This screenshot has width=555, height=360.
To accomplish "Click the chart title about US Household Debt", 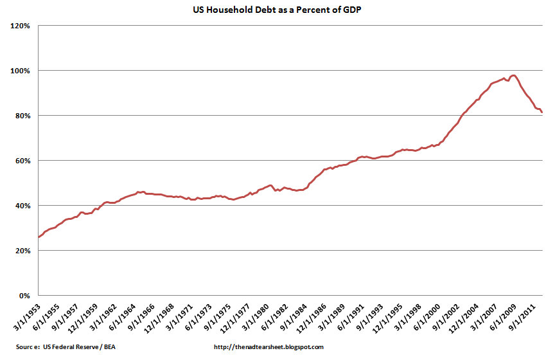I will [x=277, y=11].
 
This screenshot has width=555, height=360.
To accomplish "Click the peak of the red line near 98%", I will [x=513, y=75].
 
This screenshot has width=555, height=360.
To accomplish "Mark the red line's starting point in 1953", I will [x=39, y=237].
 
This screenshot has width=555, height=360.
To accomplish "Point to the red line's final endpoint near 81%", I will [x=542, y=113].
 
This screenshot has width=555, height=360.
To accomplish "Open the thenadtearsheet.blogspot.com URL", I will [x=267, y=347].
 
